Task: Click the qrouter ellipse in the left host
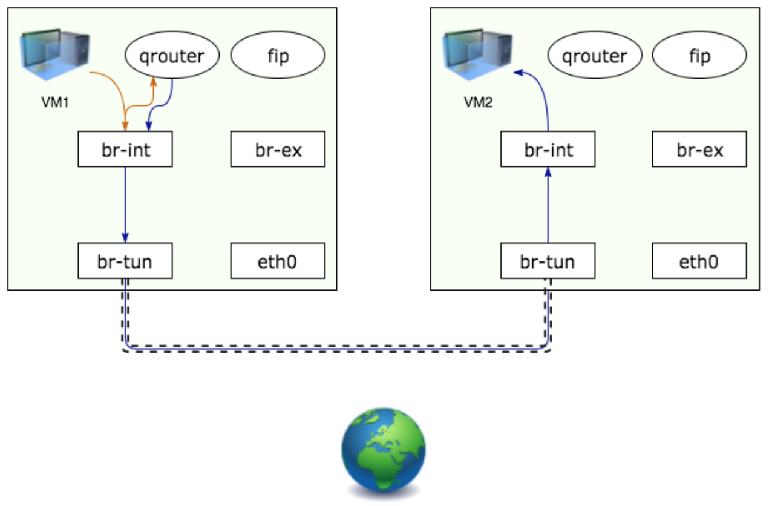(172, 56)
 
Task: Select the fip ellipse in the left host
(278, 56)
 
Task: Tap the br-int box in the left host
(125, 149)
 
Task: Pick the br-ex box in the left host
(278, 149)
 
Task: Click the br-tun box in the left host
(125, 261)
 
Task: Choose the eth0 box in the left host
(278, 261)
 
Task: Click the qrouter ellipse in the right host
(595, 56)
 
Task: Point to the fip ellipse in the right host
(700, 56)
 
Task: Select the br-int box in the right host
(548, 149)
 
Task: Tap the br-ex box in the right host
(699, 149)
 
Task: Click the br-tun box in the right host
(548, 261)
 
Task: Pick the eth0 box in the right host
(699, 261)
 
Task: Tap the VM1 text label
(54, 102)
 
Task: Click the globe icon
(384, 447)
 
